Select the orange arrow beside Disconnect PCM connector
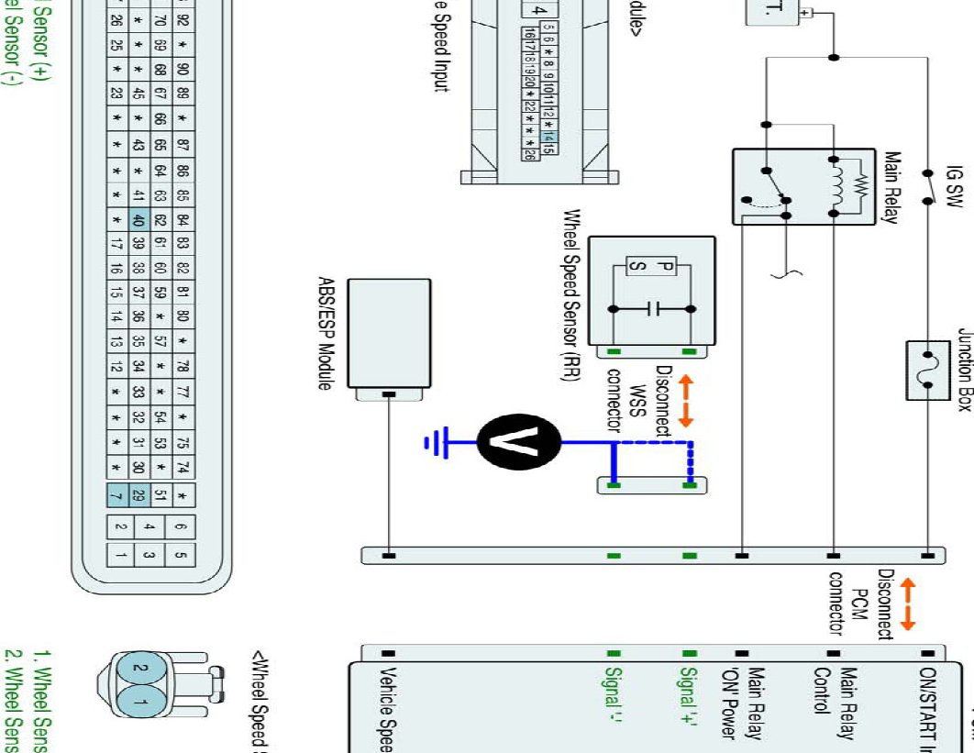[908, 603]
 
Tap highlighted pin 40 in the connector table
[139, 220]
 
